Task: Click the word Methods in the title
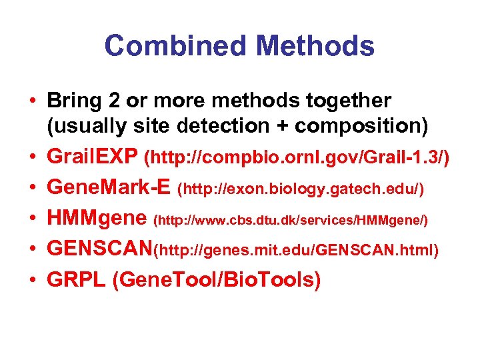coord(315,46)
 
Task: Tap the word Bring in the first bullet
coord(70,102)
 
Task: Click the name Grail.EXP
coord(91,158)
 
